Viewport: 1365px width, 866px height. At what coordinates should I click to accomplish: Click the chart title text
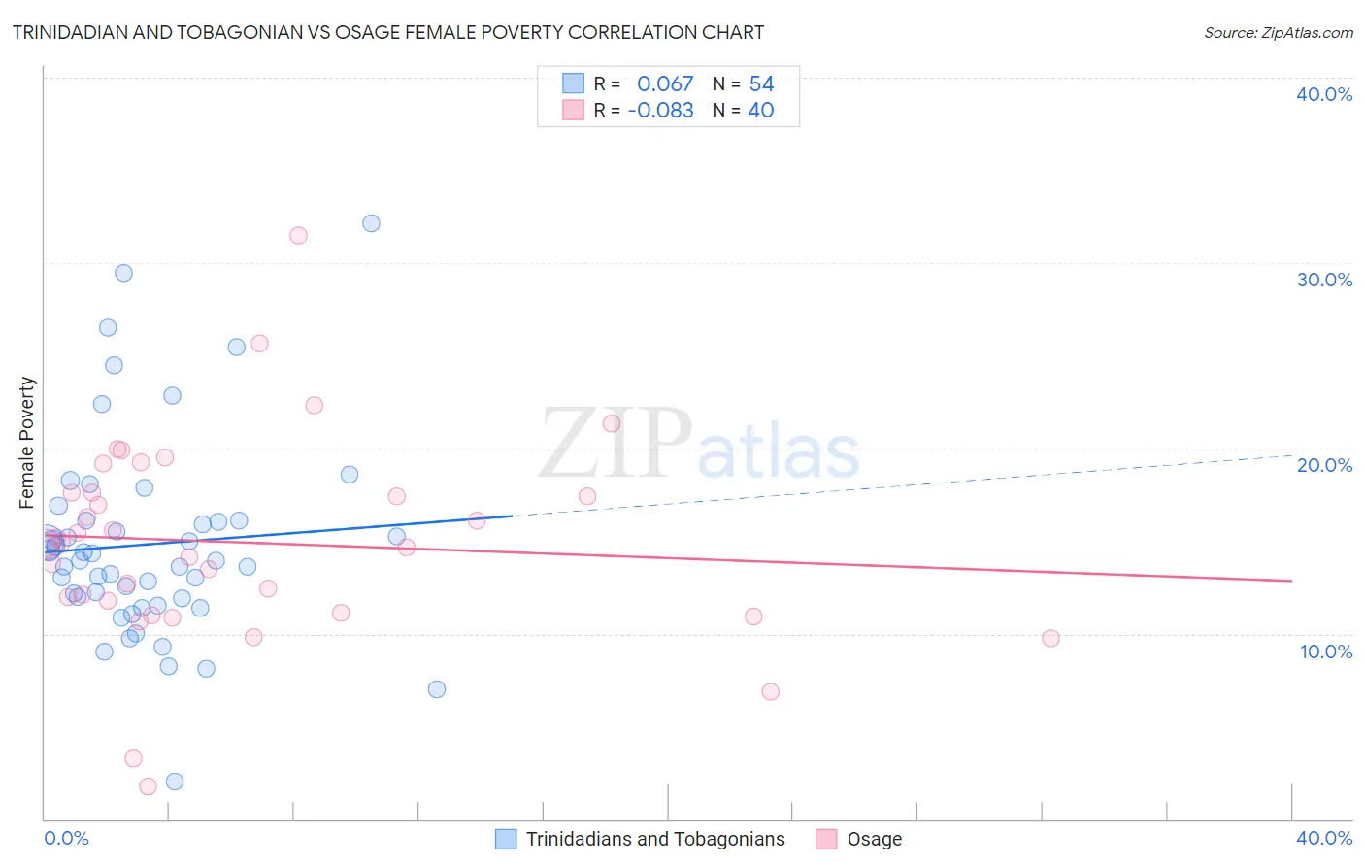[x=388, y=32]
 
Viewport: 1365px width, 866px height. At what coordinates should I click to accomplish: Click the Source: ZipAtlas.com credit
[x=1278, y=32]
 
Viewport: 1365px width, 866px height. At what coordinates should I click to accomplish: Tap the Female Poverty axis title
[x=27, y=443]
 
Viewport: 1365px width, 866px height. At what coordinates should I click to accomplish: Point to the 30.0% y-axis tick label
[x=1324, y=280]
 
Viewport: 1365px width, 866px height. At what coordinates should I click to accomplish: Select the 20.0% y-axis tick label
[x=1324, y=465]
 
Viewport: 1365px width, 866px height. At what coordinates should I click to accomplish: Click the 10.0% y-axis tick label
[x=1325, y=651]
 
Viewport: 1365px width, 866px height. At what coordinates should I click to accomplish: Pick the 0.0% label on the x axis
[x=66, y=838]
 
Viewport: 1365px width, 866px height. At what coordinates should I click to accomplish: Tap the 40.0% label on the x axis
[x=1324, y=838]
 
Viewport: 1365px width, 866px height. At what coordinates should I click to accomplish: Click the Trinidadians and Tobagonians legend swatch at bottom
[x=506, y=839]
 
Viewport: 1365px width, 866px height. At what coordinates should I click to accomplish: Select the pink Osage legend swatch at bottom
[x=826, y=839]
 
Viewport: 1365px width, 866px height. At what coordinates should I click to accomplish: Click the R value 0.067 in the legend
[x=665, y=84]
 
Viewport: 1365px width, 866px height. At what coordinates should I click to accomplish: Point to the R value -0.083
[x=660, y=111]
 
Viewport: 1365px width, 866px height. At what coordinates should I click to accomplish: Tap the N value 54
[x=761, y=84]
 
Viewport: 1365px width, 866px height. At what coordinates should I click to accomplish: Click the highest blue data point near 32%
[x=371, y=223]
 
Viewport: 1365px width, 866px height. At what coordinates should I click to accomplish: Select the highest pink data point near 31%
[x=298, y=236]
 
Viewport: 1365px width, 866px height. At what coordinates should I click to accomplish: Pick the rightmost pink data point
[x=1050, y=638]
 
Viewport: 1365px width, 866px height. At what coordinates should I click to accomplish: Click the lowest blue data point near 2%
[x=175, y=782]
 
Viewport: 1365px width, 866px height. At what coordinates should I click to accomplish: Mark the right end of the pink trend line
[x=1291, y=581]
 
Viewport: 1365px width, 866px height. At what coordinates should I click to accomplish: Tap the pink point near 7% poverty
[x=770, y=692]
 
